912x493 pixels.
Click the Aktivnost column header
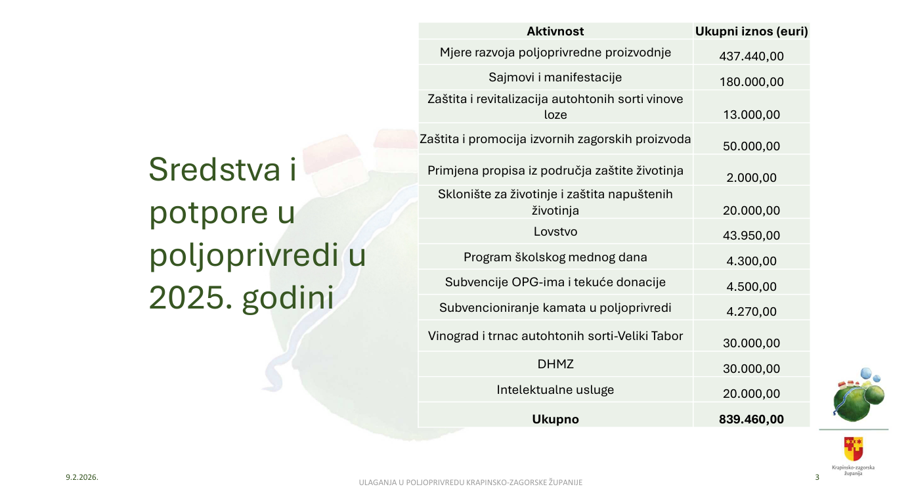pos(555,32)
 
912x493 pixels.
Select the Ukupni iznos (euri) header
pos(751,32)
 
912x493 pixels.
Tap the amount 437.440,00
pos(751,56)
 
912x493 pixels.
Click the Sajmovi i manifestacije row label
pos(555,77)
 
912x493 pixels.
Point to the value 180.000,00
pos(751,82)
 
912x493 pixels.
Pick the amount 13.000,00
pos(751,115)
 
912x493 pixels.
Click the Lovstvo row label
pos(555,232)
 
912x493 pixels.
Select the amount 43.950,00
pos(751,235)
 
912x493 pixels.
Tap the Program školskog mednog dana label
pos(555,257)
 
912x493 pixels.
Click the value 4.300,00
pos(751,261)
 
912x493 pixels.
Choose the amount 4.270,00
pos(751,311)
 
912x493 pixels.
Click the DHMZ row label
pos(555,364)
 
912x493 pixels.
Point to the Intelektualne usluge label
pos(555,390)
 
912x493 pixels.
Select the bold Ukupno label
pos(555,419)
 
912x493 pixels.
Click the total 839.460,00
pos(751,419)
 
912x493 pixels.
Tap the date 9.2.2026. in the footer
pos(82,477)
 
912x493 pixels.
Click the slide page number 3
pos(817,477)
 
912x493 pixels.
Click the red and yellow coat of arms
pos(854,448)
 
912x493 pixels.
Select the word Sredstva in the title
pos(214,169)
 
